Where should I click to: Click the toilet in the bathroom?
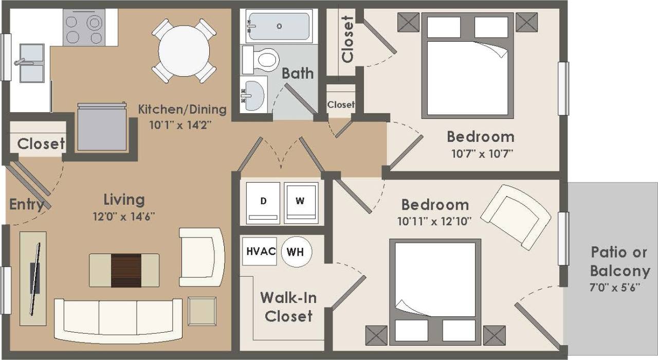pyautogui.click(x=263, y=59)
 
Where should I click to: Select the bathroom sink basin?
pyautogui.click(x=254, y=95)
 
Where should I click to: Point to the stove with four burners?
pyautogui.click(x=84, y=28)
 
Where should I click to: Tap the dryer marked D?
pyautogui.click(x=263, y=202)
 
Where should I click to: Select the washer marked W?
pyautogui.click(x=301, y=202)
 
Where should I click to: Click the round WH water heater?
pyautogui.click(x=295, y=252)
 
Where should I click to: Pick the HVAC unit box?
pyautogui.click(x=260, y=251)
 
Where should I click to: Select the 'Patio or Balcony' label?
pyautogui.click(x=619, y=261)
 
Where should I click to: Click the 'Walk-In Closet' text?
pyautogui.click(x=288, y=307)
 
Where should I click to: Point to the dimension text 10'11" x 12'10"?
pyautogui.click(x=434, y=222)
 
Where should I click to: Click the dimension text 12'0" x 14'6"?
pyautogui.click(x=123, y=217)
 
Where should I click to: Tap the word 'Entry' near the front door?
pyautogui.click(x=26, y=205)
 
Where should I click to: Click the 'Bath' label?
pyautogui.click(x=298, y=73)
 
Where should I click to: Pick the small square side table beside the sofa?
pyautogui.click(x=202, y=311)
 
